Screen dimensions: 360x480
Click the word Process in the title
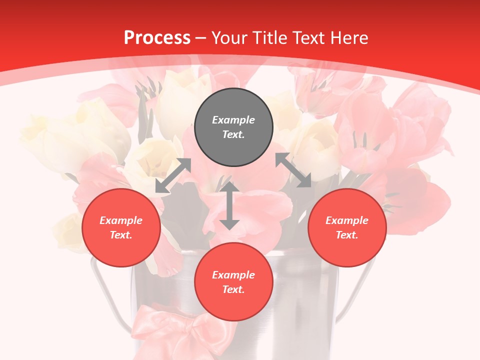(x=157, y=38)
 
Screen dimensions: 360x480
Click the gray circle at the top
(x=233, y=127)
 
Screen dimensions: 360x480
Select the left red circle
(x=121, y=227)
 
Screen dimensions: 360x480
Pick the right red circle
(x=347, y=227)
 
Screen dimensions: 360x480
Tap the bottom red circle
(x=233, y=282)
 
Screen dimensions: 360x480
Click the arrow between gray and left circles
(x=173, y=175)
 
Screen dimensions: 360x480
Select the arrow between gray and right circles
(x=293, y=170)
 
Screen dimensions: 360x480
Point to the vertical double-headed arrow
(x=229, y=205)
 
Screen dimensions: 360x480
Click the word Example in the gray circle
(x=233, y=120)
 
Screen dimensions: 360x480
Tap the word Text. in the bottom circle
(x=233, y=289)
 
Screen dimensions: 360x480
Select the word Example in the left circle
(x=121, y=220)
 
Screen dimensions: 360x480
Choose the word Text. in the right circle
(x=347, y=235)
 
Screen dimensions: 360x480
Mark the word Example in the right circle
(x=347, y=220)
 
